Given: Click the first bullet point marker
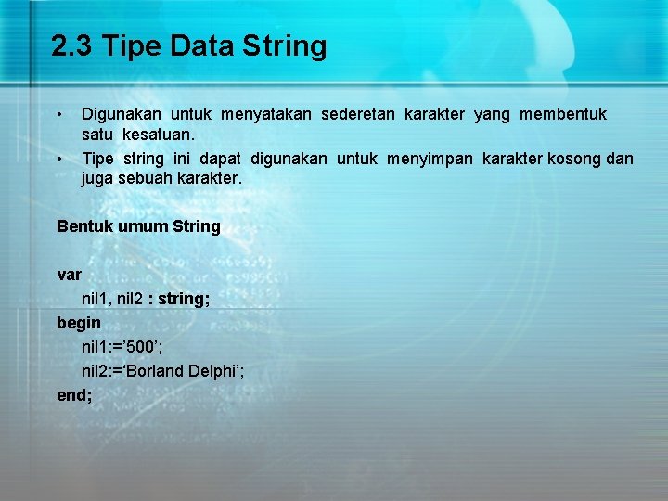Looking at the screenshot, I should (x=59, y=114).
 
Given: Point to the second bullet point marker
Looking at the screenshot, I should (x=59, y=159).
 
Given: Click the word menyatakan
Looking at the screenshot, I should (x=265, y=114).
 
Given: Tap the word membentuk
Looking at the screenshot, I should (x=563, y=114).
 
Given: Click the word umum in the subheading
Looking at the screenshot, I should (x=143, y=226).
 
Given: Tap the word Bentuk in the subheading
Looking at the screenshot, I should (x=85, y=226).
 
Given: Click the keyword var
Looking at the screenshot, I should (x=70, y=276).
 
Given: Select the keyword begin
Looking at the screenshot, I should (x=79, y=324).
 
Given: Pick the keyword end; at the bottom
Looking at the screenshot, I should (x=74, y=394).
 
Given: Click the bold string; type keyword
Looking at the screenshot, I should (x=182, y=300).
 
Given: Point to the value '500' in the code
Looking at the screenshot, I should (x=144, y=348).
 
